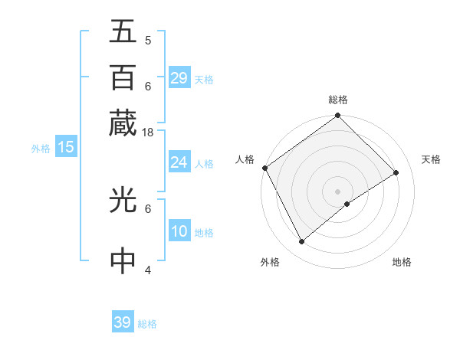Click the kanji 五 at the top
point(123,31)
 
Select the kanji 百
point(123,77)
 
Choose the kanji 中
point(123,261)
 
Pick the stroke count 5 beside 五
point(148,41)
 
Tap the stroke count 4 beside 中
point(148,270)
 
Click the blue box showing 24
point(179,162)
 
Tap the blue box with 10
point(179,231)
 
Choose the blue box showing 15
point(65,147)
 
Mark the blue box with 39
point(123,322)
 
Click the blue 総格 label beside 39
point(147,324)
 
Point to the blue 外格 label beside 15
point(40,149)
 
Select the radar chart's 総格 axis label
point(338,100)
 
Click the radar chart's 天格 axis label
point(431,159)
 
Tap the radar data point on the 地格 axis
point(347,204)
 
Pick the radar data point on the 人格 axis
point(264,168)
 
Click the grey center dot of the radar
point(338,191)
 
